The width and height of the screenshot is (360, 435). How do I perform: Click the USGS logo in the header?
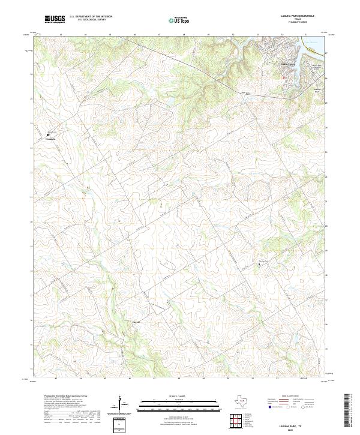click(55, 19)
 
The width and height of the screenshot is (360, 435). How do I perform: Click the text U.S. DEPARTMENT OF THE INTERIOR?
click(91, 16)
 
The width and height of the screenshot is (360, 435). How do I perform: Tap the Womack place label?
click(50, 138)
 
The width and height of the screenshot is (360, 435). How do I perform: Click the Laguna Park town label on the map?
click(289, 64)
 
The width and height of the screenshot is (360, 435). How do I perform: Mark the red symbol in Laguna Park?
click(284, 77)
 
